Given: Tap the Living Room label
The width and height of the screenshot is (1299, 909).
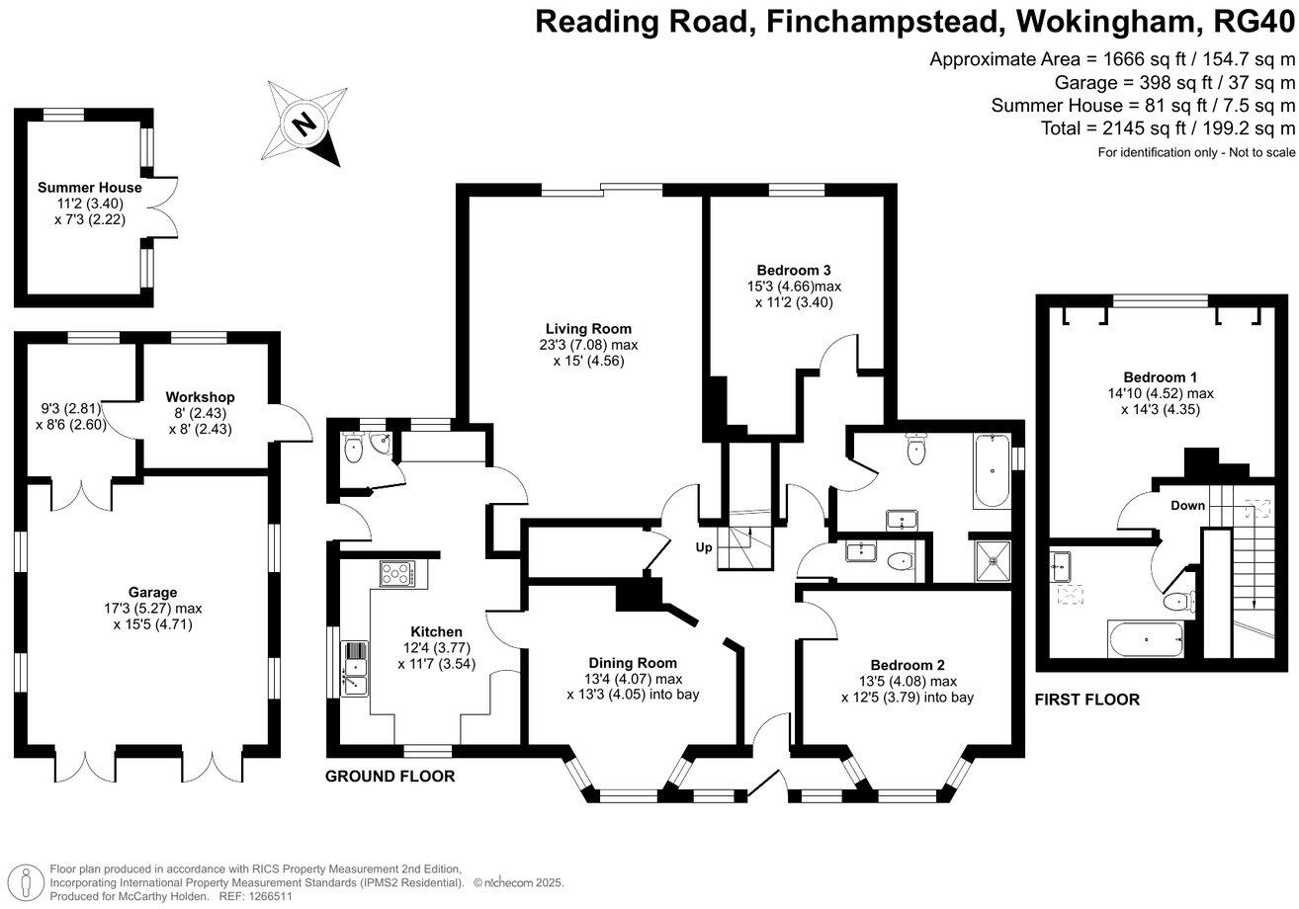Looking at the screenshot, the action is pos(588,329).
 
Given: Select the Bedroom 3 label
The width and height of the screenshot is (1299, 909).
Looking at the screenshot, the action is pos(793,270).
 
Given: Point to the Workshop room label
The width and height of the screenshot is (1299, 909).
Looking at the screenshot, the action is pos(201,397).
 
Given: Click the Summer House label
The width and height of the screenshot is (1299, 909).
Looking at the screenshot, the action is pos(89,188).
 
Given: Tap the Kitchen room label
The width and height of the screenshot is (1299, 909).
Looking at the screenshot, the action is pos(436,632).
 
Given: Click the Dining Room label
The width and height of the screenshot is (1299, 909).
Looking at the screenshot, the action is pos(633,663).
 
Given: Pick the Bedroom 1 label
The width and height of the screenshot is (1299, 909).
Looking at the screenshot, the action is pos(1161,377).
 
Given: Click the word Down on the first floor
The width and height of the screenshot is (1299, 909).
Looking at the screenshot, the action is pos(1188,506).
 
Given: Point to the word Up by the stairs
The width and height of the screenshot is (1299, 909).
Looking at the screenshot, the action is pos(704,546).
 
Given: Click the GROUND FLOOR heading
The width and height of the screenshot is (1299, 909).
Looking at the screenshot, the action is pos(390,777).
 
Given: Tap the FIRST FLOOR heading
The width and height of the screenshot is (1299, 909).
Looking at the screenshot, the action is pos(1087,700).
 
